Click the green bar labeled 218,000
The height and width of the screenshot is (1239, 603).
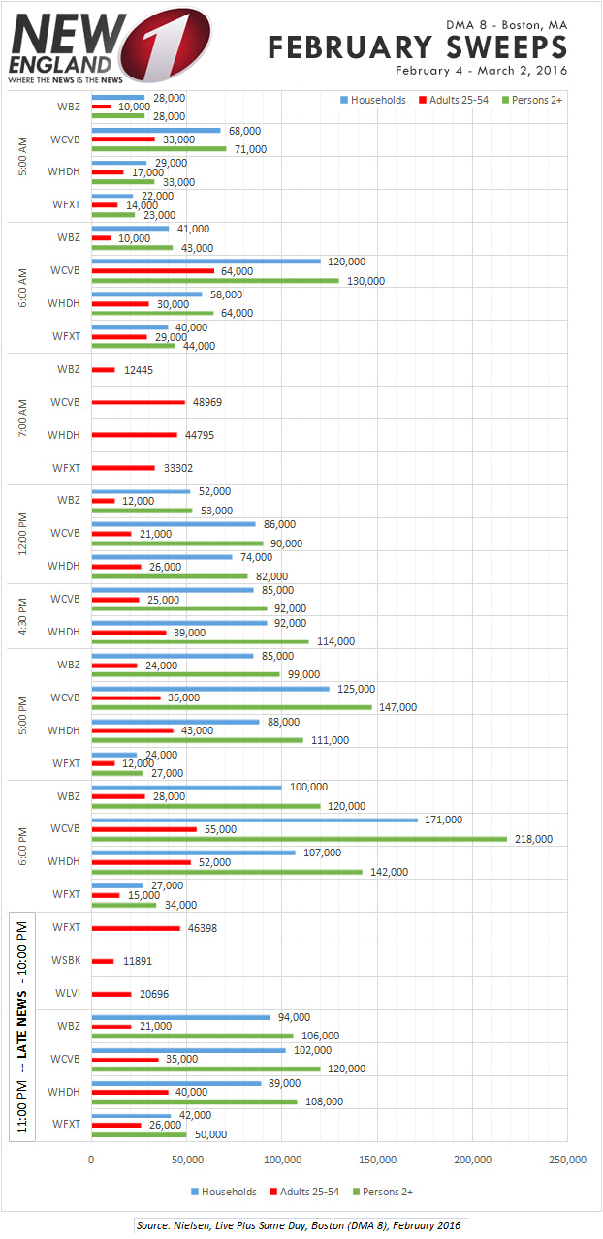[x=299, y=839]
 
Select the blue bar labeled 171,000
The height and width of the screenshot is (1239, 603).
[x=254, y=820]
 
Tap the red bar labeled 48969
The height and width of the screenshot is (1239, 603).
[x=138, y=402]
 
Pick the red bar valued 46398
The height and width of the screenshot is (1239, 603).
[x=136, y=928]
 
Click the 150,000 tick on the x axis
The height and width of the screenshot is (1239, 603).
[x=377, y=1160]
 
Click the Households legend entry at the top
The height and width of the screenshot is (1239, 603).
[x=373, y=100]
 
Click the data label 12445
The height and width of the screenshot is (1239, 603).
[x=137, y=370]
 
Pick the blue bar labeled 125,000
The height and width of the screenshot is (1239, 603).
[x=210, y=689]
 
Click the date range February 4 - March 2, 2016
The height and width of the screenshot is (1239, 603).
[x=481, y=71]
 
